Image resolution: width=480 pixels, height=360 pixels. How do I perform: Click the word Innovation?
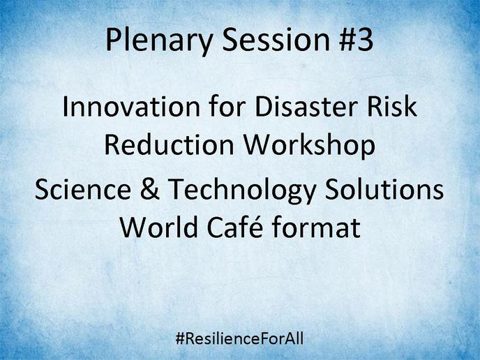point(131,106)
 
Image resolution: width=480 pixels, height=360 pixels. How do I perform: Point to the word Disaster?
point(306,106)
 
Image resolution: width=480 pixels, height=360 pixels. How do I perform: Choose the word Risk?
point(392,106)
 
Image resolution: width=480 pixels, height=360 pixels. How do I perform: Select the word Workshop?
point(309,147)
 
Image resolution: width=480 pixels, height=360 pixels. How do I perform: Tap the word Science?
point(83,189)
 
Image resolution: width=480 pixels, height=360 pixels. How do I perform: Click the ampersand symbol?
point(150,189)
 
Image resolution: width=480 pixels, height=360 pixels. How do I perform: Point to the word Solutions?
point(384,189)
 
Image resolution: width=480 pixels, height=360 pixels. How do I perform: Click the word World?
point(158,227)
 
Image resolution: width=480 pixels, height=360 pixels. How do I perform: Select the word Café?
point(235,227)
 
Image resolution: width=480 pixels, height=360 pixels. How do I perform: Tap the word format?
point(316,227)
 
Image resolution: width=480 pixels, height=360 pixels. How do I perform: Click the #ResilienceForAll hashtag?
point(240,338)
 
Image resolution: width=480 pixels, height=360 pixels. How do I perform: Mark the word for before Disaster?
point(227,106)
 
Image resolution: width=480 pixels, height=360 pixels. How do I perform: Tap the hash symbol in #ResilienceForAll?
point(180,339)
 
